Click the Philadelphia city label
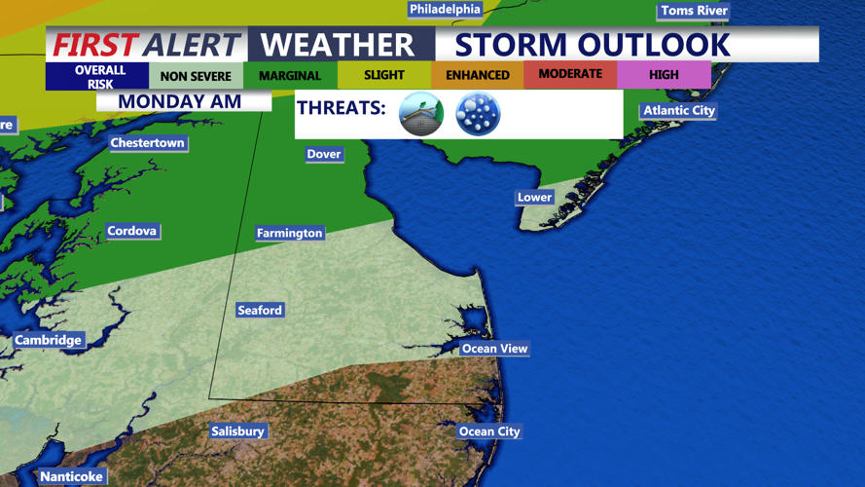tap(445, 10)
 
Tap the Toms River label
tap(694, 11)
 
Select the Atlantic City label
tap(678, 111)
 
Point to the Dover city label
tap(324, 154)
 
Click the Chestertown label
tap(147, 143)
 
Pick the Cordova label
tap(131, 232)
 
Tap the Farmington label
tap(289, 234)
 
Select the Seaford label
tap(260, 311)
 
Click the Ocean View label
tap(494, 349)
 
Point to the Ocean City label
tap(489, 431)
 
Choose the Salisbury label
tap(237, 431)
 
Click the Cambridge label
tap(48, 341)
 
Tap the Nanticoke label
tap(71, 477)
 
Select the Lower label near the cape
tap(534, 198)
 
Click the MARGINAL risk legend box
tap(290, 76)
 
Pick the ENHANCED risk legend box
tap(477, 75)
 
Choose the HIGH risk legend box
tap(664, 75)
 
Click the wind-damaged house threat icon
tap(421, 114)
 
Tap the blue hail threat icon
tap(478, 114)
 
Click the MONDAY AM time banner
tap(180, 101)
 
